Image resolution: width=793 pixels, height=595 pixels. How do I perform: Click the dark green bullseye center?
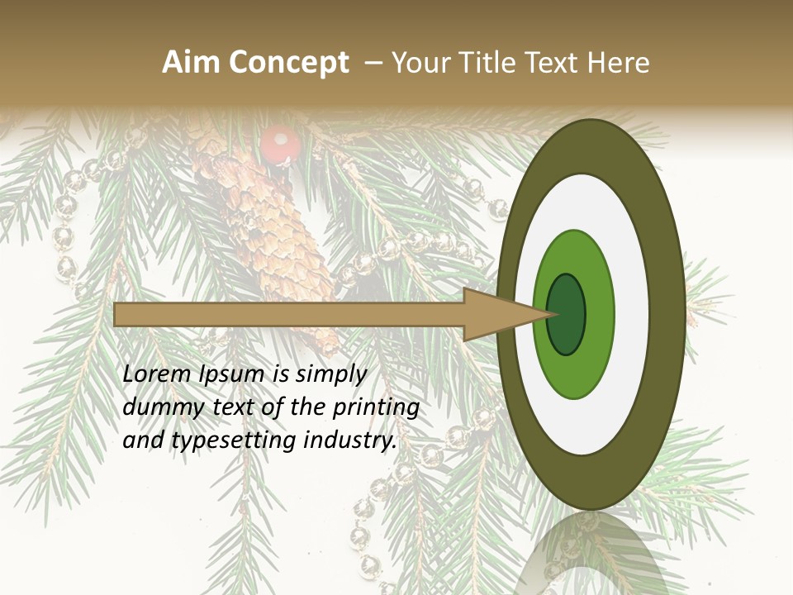pyautogui.click(x=567, y=314)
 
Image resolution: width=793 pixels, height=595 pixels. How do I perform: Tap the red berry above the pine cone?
pyautogui.click(x=280, y=145)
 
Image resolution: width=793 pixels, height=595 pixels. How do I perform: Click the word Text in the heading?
pyautogui.click(x=548, y=63)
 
